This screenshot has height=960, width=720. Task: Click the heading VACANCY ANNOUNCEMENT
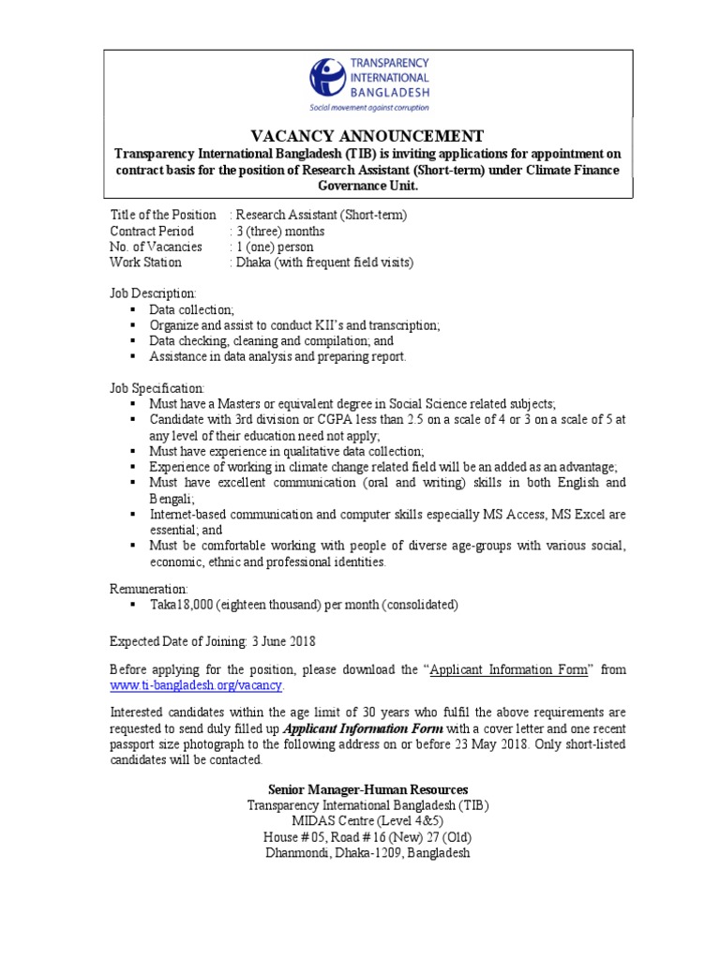[x=367, y=135]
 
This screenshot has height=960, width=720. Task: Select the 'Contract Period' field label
[x=152, y=232]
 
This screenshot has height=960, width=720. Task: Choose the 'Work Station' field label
[x=145, y=263]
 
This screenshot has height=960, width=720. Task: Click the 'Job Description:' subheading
[x=154, y=293]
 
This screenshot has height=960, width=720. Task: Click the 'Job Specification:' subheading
[x=157, y=388]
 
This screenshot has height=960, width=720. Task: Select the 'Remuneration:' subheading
[x=149, y=588]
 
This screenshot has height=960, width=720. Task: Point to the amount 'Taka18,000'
[x=181, y=605]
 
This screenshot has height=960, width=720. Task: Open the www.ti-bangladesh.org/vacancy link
[x=196, y=686]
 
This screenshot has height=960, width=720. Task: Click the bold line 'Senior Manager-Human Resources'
[x=367, y=789]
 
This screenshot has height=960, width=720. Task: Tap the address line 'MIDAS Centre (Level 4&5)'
[x=367, y=821]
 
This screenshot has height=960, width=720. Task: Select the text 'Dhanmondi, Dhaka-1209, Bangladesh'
[x=367, y=853]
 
